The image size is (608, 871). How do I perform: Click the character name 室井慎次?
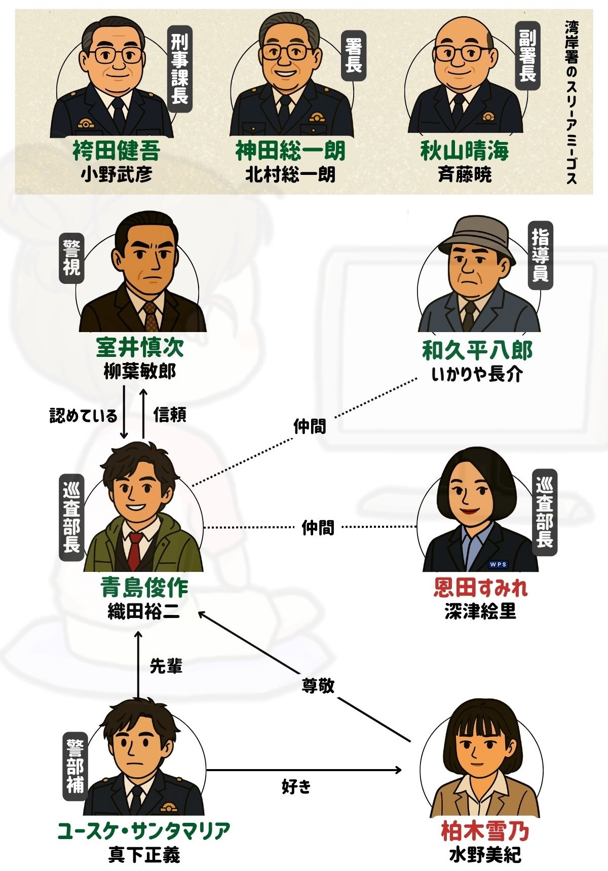coord(140,347)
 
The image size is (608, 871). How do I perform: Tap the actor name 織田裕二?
coord(144,612)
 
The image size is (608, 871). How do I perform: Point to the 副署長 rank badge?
coord(527,55)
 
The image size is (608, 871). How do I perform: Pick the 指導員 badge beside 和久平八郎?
coord(540,256)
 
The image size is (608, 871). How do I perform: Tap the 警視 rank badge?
coord(71,258)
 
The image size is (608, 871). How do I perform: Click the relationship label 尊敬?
coord(318,686)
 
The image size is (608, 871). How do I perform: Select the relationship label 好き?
coord(296,786)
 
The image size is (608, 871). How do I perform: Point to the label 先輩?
coord(166,666)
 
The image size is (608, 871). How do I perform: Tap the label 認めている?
coord(84,416)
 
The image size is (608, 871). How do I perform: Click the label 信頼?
coord(170,415)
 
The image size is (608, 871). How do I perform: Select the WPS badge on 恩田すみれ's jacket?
coord(498,564)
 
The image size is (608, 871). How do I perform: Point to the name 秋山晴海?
coord(465,151)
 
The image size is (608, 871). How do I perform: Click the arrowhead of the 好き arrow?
coord(397,771)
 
